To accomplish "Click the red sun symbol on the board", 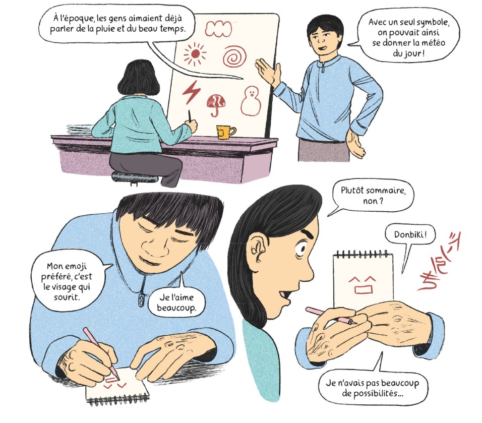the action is tap(195, 54).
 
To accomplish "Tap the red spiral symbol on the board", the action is tap(235, 56).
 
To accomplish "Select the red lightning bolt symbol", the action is tap(191, 92).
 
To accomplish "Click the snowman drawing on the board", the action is tap(251, 101).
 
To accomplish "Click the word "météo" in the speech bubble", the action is tap(434, 43).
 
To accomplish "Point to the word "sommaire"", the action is tap(386, 191).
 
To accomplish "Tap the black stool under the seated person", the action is tap(135, 178).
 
